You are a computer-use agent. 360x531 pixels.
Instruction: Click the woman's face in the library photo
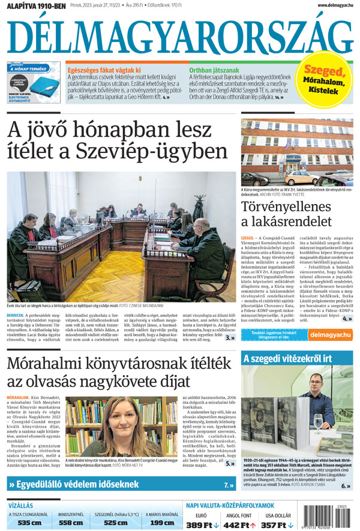[x=133, y=416]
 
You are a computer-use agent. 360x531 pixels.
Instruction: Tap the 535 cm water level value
[x=29, y=523]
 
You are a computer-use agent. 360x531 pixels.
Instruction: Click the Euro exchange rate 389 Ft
[x=202, y=524]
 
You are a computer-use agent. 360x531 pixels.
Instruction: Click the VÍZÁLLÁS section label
[x=21, y=505]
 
